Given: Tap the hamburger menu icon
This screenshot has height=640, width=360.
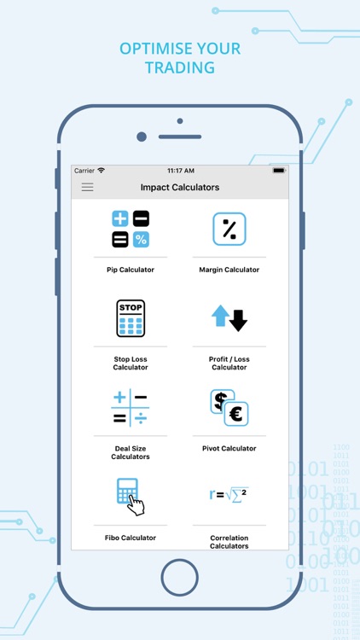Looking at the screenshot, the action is [87, 188].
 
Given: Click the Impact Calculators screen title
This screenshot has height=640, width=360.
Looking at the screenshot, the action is [180, 188].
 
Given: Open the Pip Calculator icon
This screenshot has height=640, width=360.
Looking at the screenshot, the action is [131, 229].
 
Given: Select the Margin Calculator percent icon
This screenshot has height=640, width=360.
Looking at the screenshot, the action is [229, 229].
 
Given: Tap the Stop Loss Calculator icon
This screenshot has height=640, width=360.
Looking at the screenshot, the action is [131, 318].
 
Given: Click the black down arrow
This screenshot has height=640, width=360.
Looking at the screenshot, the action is [238, 320].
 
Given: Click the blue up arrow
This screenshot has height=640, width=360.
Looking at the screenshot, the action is [220, 316].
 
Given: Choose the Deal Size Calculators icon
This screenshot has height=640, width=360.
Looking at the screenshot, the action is [131, 407].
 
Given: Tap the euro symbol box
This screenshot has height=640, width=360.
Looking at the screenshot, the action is [236, 414].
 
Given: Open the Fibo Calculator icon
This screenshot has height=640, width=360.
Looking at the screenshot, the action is [131, 497].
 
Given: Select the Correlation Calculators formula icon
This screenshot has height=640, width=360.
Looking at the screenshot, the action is [229, 495].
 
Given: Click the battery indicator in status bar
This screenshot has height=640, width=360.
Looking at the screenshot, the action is [279, 171].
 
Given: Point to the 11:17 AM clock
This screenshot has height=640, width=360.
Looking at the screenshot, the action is [181, 171].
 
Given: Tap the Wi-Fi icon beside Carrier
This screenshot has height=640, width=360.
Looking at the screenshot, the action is [101, 170].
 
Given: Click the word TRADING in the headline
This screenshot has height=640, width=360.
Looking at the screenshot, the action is [180, 67].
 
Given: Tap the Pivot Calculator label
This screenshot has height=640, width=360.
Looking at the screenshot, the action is [229, 449].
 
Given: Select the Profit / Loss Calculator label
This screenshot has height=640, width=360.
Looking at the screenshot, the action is [229, 364].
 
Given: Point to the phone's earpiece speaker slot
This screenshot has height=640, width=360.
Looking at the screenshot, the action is [180, 137].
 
